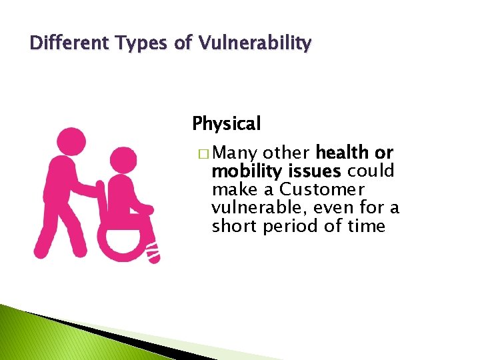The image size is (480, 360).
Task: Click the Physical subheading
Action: pos(227,124)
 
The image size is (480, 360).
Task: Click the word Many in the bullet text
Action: pos(238,153)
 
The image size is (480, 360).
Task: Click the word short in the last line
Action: pos(233,226)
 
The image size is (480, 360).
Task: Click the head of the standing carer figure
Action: pos(71,142)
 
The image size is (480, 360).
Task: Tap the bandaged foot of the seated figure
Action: pos(153,253)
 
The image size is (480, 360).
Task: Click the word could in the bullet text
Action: pos(375,171)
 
